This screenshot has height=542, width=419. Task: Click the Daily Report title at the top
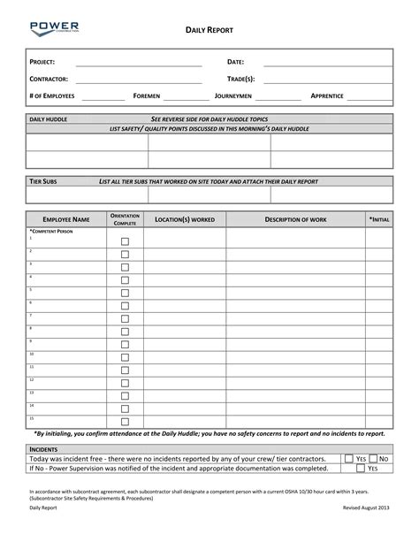[209, 29]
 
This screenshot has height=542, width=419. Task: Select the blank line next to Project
[139, 63]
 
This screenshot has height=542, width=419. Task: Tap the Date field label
[235, 63]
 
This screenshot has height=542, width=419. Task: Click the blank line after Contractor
[139, 80]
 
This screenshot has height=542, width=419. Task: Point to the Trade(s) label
[240, 80]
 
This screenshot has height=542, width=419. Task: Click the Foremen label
[147, 95]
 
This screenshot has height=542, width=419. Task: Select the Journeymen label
[233, 95]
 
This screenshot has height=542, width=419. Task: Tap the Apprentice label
[327, 95]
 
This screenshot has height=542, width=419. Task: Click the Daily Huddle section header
[49, 118]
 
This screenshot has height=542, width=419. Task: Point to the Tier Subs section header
[44, 180]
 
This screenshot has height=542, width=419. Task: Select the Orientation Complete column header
[125, 218]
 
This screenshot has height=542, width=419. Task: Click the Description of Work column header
[295, 218]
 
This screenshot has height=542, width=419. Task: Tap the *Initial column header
[378, 218]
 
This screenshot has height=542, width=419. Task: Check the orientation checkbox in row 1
[125, 241]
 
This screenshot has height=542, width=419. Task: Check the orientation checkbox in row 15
[125, 421]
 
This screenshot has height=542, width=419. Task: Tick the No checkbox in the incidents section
[373, 459]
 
